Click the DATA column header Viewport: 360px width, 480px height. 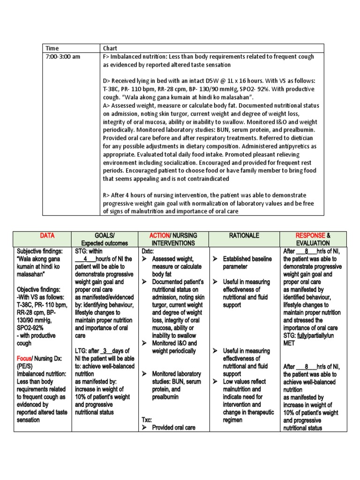click(x=47, y=236)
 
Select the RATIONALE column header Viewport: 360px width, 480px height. click(x=244, y=236)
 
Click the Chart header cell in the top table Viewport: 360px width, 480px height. click(x=110, y=48)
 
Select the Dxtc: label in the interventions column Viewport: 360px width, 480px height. click(x=148, y=251)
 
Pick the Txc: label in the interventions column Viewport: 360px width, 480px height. click(x=147, y=420)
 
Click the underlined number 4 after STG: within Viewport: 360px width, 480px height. click(x=85, y=259)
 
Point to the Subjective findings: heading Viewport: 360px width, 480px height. click(x=40, y=251)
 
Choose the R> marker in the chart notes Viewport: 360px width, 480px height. click(x=106, y=195)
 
